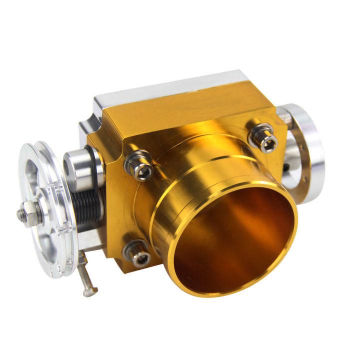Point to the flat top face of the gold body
click(x=185, y=112)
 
